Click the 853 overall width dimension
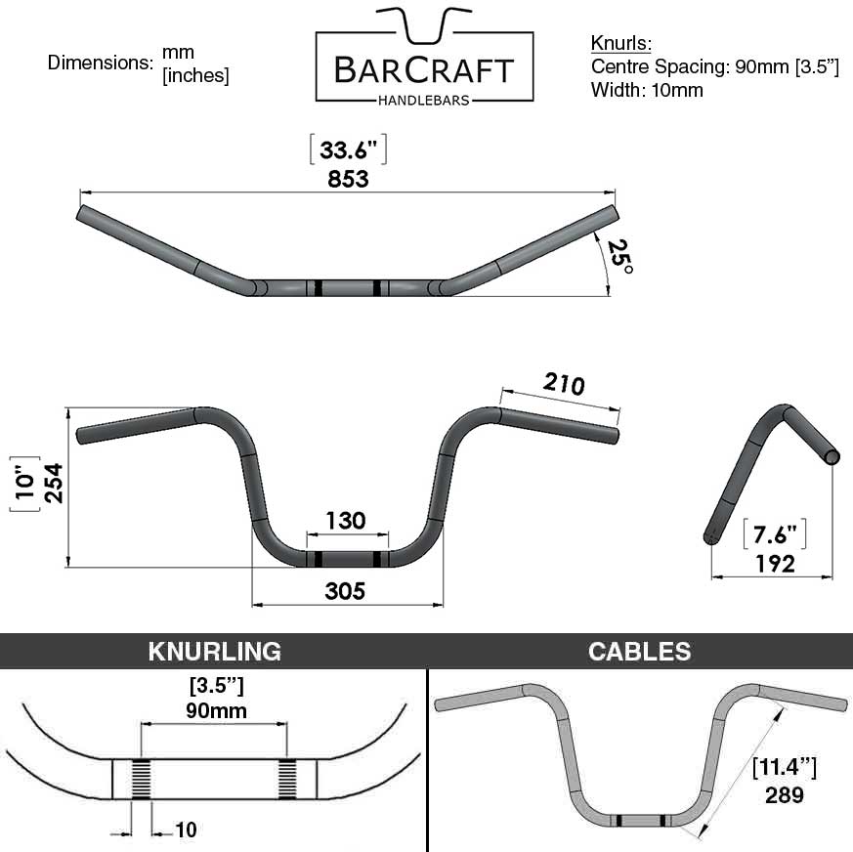click(x=348, y=179)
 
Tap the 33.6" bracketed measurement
click(x=348, y=149)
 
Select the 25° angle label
click(x=620, y=256)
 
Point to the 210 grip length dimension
click(x=564, y=384)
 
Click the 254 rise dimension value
click(x=54, y=483)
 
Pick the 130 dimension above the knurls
click(x=346, y=521)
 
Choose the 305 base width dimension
click(x=345, y=591)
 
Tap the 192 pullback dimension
click(x=775, y=564)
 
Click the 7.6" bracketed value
click(x=775, y=534)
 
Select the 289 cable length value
click(x=784, y=795)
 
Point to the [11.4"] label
click(x=784, y=767)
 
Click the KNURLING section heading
click(x=215, y=652)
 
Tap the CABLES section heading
click(x=639, y=652)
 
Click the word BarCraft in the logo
click(x=424, y=70)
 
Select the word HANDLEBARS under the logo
click(x=424, y=100)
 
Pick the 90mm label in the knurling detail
click(x=216, y=710)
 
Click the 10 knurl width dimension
click(x=186, y=830)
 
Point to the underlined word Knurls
click(x=620, y=43)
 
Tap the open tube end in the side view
click(x=832, y=457)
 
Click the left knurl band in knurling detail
click(x=142, y=779)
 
